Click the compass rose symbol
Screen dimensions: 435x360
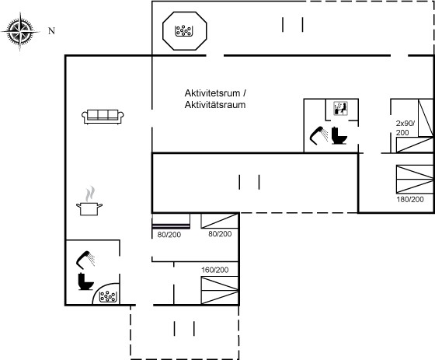pyautogui.click(x=20, y=31)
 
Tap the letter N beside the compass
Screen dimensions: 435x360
pyautogui.click(x=51, y=31)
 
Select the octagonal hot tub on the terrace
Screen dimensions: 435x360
pyautogui.click(x=185, y=31)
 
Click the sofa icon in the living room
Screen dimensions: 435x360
pyautogui.click(x=103, y=117)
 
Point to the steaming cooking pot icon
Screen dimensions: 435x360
pyautogui.click(x=89, y=201)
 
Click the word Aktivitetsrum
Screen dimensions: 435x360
pyautogui.click(x=212, y=93)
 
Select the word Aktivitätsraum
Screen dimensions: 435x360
pyautogui.click(x=215, y=105)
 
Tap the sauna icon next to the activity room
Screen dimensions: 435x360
pyautogui.click(x=341, y=108)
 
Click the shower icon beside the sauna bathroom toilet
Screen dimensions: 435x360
pyautogui.click(x=319, y=135)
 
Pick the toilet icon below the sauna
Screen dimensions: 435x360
pyautogui.click(x=339, y=135)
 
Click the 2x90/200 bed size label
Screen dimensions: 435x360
pyautogui.click(x=405, y=128)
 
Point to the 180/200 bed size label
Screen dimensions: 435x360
pyautogui.click(x=410, y=200)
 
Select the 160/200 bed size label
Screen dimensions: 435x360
pyautogui.click(x=215, y=270)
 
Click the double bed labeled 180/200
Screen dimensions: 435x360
pyautogui.click(x=415, y=179)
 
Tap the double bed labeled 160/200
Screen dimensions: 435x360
pyautogui.click(x=220, y=290)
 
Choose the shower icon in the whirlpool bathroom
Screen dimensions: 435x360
pyautogui.click(x=85, y=260)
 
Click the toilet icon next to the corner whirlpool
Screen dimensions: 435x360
pyautogui.click(x=85, y=281)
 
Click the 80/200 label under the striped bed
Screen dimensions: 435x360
pyautogui.click(x=169, y=235)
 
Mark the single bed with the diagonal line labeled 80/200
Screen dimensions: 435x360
pyautogui.click(x=220, y=221)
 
